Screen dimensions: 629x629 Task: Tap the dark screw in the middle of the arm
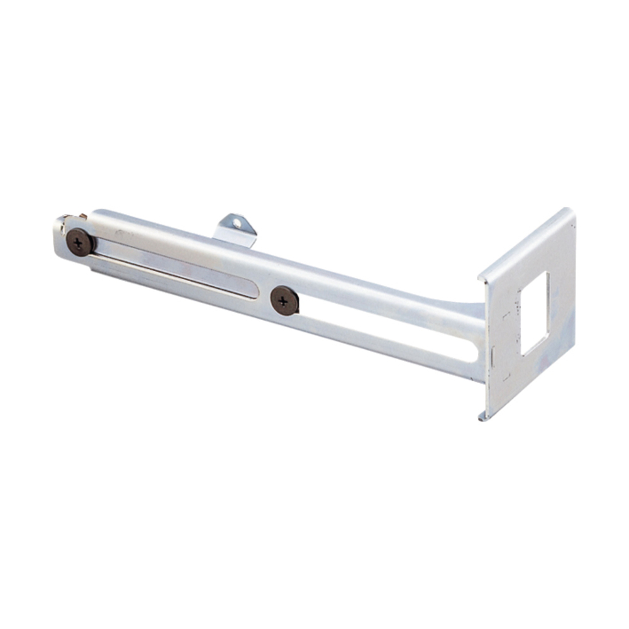(x=284, y=301)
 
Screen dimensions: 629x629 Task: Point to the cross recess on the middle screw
(x=284, y=300)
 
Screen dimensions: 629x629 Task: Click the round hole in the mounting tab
(x=237, y=222)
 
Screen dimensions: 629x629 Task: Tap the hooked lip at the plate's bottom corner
(x=481, y=416)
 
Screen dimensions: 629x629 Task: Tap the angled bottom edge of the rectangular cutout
(x=535, y=346)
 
